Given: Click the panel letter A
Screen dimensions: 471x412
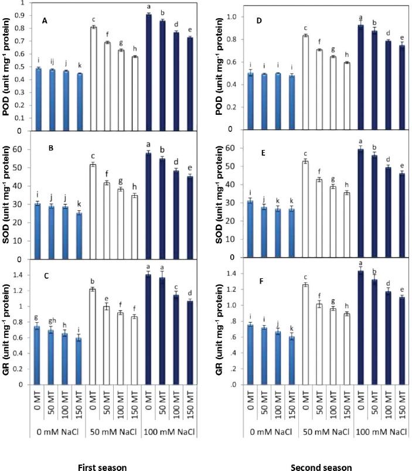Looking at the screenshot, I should (x=45, y=21).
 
